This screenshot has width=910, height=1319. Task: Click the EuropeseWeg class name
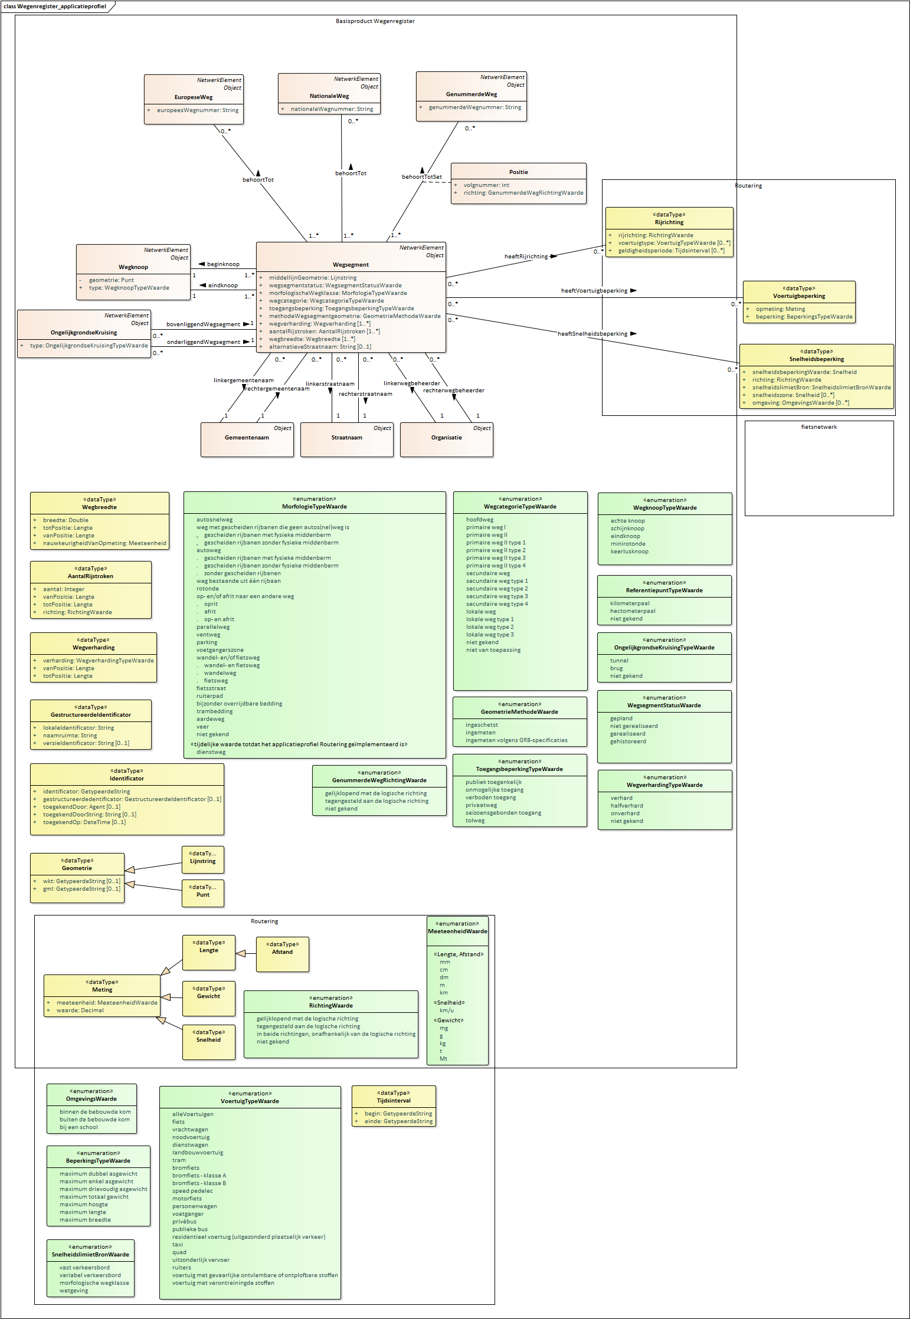[193, 97]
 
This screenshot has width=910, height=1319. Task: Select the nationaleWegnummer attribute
[332, 109]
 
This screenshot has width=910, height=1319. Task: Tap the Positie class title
[518, 172]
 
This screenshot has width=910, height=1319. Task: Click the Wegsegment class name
[351, 265]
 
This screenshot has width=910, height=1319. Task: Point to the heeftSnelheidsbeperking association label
[593, 334]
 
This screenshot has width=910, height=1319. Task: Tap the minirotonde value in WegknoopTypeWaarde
[628, 544]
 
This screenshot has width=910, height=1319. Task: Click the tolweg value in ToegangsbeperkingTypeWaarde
[475, 821]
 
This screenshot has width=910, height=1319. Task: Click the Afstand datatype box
[282, 953]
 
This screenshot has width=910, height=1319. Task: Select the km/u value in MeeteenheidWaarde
[447, 1010]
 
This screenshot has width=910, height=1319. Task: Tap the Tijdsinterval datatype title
[394, 1101]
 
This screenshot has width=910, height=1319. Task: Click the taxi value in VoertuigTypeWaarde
[178, 1245]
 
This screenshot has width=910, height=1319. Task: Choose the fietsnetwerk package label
[819, 427]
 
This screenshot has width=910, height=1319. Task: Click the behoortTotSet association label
[421, 177]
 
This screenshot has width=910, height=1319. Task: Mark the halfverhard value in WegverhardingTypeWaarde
[627, 806]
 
